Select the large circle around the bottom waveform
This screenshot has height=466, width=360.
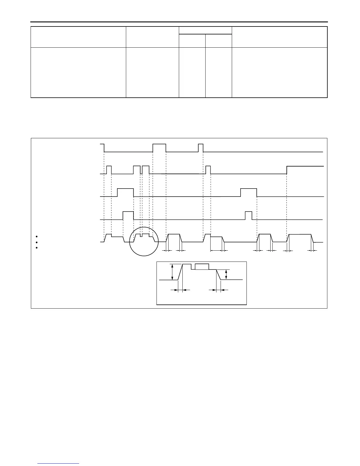click(x=144, y=242)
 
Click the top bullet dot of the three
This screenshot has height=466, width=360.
click(x=36, y=237)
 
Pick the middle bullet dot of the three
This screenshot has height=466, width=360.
click(x=36, y=242)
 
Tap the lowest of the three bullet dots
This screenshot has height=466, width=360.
click(x=36, y=248)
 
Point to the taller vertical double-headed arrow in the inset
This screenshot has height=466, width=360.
click(x=172, y=272)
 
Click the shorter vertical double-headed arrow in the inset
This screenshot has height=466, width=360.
click(x=226, y=275)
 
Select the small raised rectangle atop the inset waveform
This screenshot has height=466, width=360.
click(x=202, y=267)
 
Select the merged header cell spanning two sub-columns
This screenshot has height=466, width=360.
click(x=205, y=30)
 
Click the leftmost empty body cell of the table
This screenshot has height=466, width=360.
click(x=78, y=72)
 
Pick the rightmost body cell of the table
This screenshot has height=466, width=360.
click(x=279, y=72)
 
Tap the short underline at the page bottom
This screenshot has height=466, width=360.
click(x=58, y=464)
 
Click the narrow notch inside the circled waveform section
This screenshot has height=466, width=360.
click(x=141, y=235)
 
